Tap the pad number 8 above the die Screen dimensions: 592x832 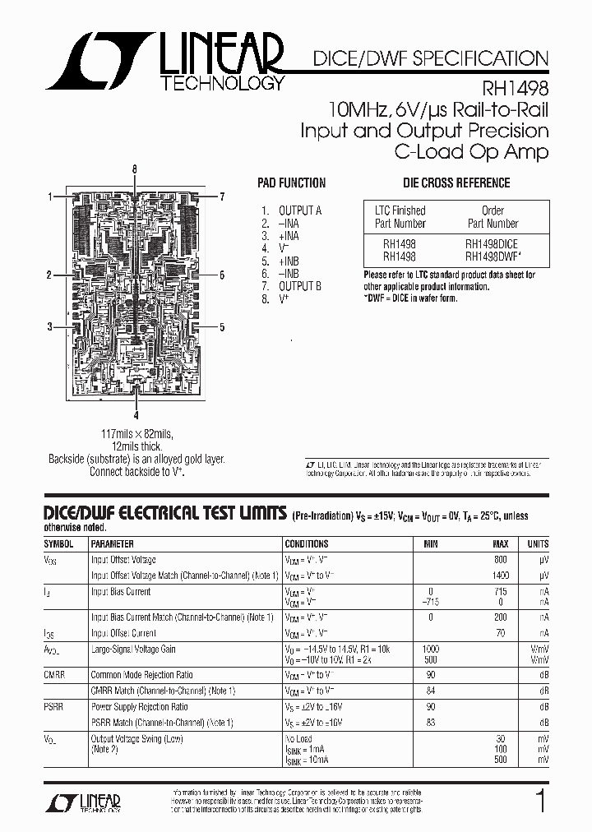135,169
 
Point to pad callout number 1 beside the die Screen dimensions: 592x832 50,196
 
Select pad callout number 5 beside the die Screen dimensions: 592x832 222,327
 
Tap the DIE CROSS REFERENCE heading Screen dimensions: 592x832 456,183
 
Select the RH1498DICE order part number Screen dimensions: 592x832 492,243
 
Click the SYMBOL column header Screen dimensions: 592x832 58,543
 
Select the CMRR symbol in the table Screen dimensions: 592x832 55,675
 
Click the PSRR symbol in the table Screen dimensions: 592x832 54,707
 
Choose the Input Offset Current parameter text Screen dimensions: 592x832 123,633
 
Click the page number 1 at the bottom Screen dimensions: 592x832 540,801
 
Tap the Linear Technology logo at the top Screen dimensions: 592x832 165,62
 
